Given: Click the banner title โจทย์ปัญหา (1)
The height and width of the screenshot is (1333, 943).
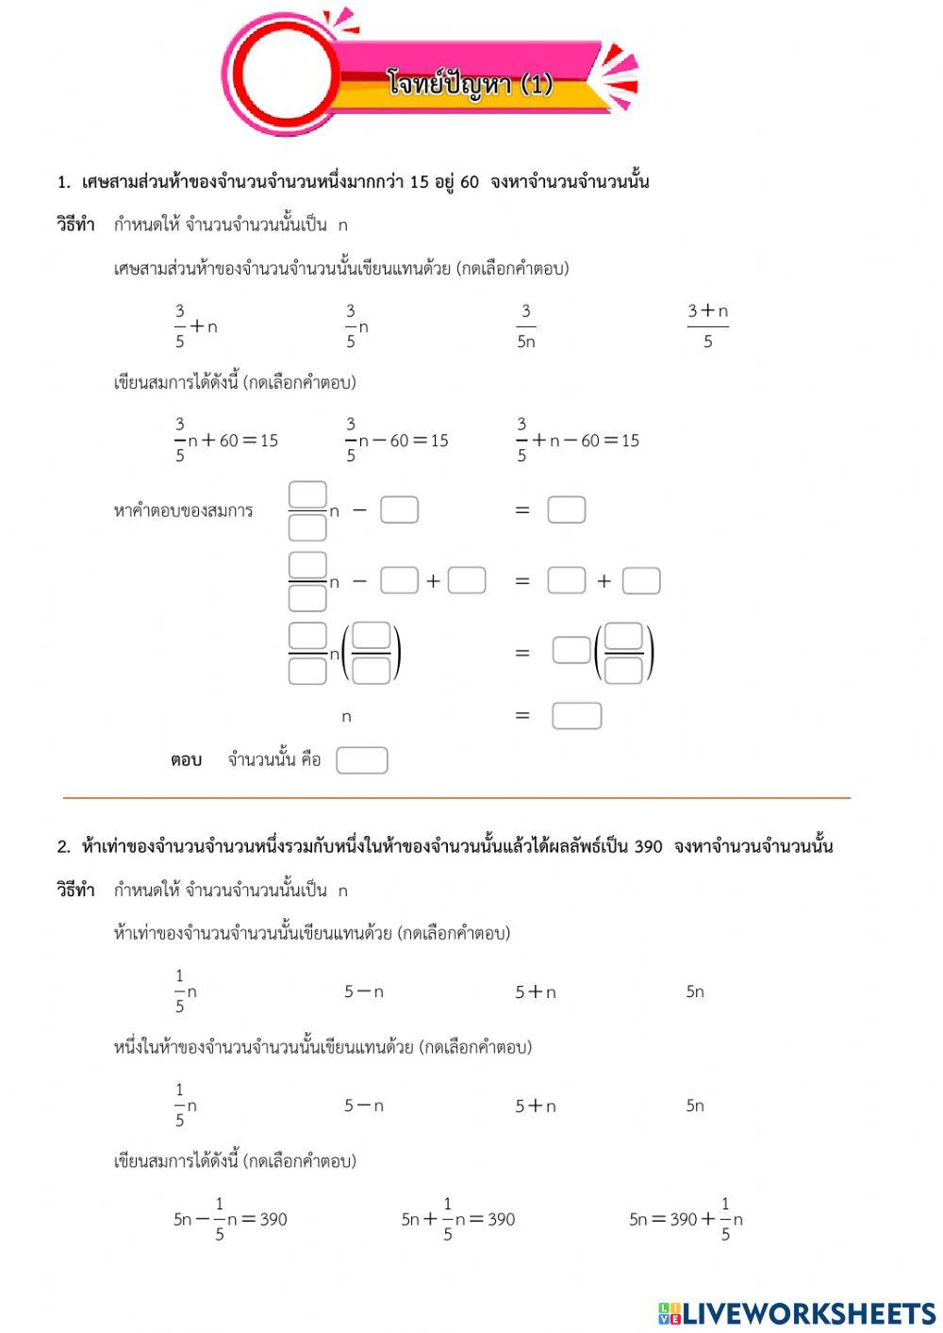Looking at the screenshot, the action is [469, 84].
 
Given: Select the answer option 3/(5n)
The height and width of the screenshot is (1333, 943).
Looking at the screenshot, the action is [525, 326].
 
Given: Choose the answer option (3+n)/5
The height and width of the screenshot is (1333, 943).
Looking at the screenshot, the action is [707, 326].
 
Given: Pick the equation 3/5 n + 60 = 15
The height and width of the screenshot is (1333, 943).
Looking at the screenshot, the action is [226, 441].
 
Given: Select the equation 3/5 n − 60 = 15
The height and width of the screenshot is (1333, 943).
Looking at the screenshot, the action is [397, 441].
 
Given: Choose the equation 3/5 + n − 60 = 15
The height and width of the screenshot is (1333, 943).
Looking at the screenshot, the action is [577, 441].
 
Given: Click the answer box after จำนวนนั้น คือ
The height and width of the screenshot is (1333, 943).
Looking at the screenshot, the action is [362, 760].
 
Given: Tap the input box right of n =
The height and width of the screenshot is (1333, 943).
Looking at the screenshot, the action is [576, 716].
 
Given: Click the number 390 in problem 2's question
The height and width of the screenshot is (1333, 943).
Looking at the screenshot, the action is [648, 846].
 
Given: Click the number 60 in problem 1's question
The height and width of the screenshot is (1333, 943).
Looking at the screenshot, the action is [470, 182].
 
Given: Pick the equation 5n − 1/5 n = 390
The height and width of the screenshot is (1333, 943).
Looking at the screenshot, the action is [230, 1219].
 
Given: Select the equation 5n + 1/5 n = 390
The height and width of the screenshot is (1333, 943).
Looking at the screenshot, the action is [458, 1219].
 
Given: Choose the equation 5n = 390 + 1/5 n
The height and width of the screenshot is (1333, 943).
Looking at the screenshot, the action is [686, 1219].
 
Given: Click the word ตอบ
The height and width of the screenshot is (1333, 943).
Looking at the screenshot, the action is [186, 760].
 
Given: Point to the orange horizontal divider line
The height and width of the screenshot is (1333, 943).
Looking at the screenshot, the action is [456, 798].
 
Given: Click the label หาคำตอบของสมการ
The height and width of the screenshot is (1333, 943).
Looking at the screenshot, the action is [183, 511].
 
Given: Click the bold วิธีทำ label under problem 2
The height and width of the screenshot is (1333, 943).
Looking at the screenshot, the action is [75, 890].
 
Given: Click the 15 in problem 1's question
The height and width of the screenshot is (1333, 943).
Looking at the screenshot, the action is [420, 182].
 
